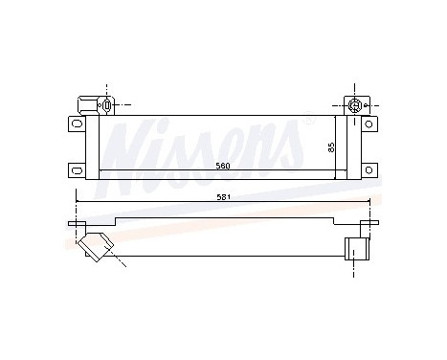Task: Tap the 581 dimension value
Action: pyautogui.click(x=224, y=198)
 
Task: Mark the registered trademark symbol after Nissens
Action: pyautogui.click(x=308, y=122)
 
